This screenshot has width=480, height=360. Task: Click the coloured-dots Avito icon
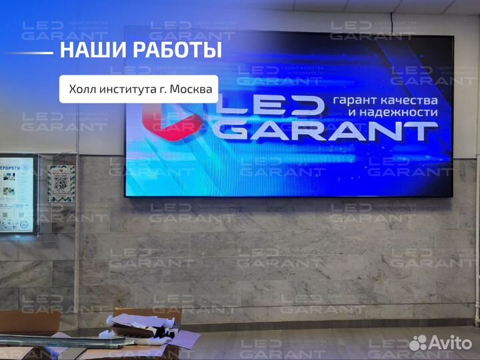(418, 343)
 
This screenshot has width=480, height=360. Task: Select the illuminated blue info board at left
(16, 194)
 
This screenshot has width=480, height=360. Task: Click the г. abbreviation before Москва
(161, 89)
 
